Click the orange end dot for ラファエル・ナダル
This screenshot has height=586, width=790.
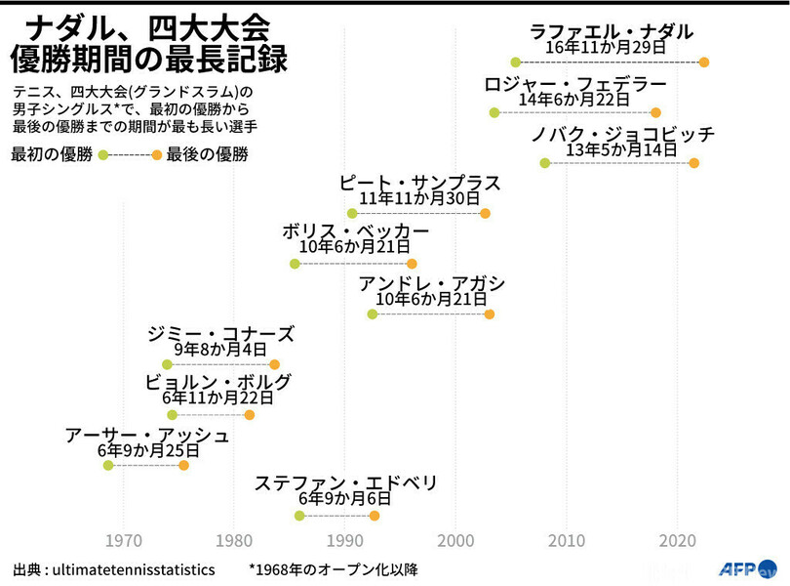[704, 63]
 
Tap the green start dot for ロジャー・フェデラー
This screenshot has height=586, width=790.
[494, 113]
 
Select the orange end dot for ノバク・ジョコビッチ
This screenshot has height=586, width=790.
[694, 163]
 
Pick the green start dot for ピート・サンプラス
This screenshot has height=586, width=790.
[352, 214]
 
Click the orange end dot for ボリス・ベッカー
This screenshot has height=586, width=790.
[412, 264]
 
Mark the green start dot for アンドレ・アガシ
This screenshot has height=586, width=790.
[373, 314]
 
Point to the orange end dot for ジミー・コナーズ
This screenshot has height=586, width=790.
[275, 364]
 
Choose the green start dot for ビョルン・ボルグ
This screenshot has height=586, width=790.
[173, 415]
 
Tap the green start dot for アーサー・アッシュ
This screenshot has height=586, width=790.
[108, 466]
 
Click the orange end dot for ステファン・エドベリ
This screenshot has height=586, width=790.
[374, 516]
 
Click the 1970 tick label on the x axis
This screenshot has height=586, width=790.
[123, 540]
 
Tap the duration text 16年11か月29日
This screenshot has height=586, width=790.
[606, 47]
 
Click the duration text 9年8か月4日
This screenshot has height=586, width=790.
[220, 349]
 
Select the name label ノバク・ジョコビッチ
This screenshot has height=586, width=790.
[623, 134]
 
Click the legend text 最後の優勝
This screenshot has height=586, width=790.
[207, 154]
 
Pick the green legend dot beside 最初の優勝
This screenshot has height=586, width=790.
[103, 155]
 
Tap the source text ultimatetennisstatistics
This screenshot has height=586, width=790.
[138, 568]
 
